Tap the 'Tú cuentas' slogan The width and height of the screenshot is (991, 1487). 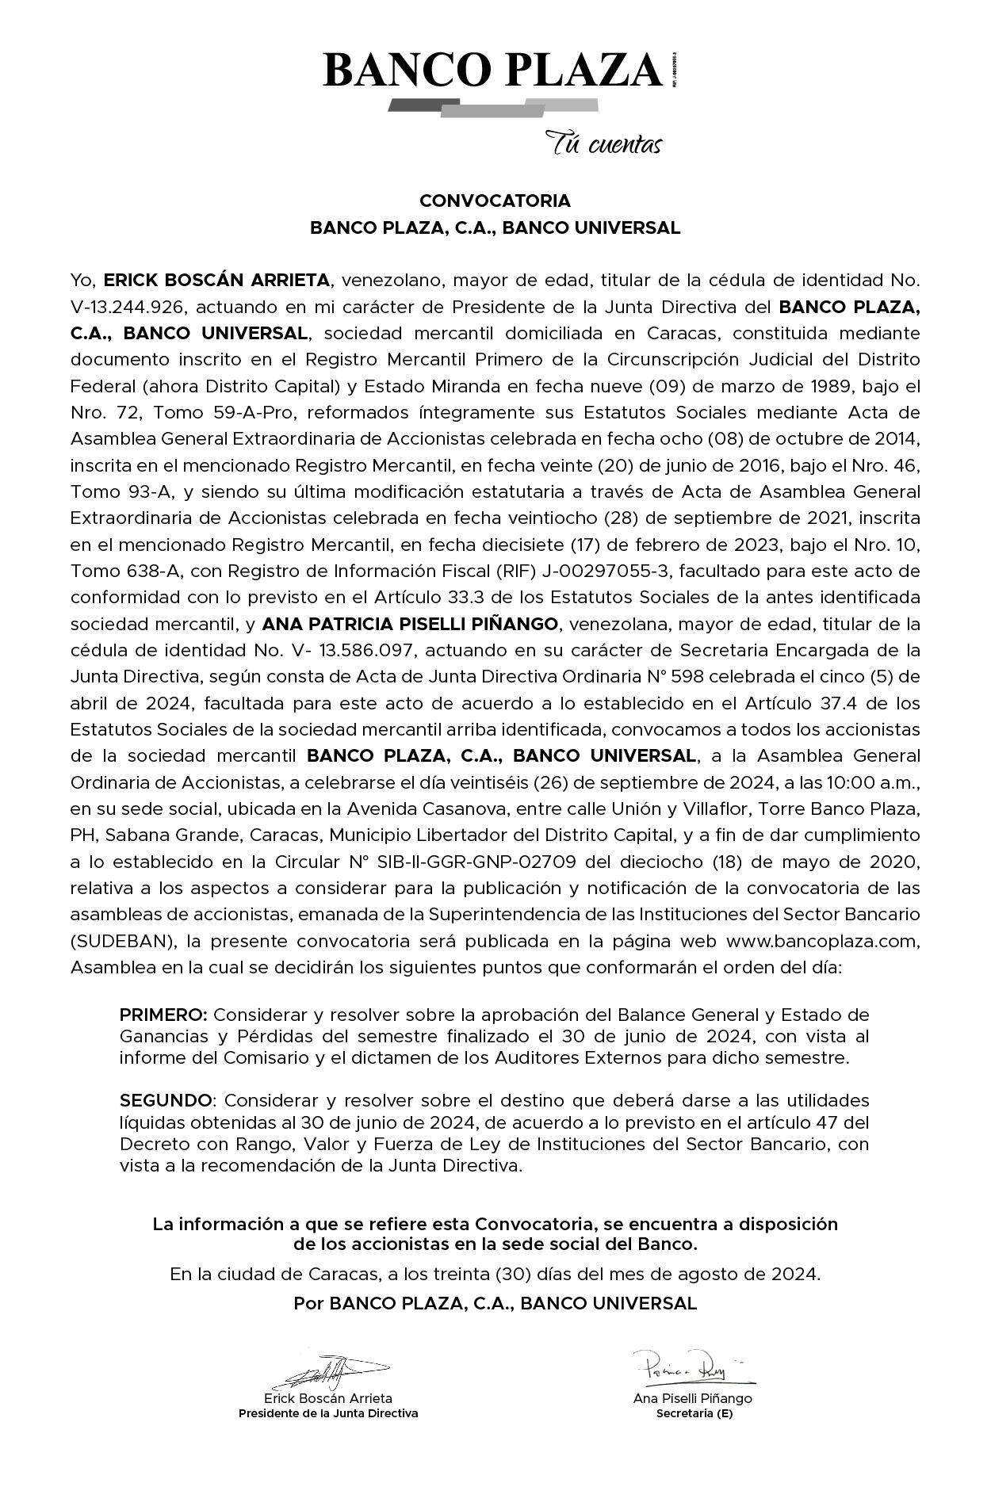[x=603, y=144]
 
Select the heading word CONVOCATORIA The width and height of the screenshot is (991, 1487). [x=495, y=201]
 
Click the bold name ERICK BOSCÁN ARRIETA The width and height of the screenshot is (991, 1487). [x=216, y=280]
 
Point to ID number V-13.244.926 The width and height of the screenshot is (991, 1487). [x=126, y=307]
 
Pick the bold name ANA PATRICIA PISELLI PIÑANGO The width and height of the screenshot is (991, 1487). [x=410, y=624]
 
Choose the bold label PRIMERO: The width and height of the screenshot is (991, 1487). [x=163, y=1015]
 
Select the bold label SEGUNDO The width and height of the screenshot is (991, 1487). [x=166, y=1100]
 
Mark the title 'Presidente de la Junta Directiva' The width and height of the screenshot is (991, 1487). [x=328, y=1412]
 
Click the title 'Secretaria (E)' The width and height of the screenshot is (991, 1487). [x=694, y=1412]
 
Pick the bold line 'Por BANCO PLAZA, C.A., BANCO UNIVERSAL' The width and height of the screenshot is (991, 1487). [x=495, y=1303]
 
